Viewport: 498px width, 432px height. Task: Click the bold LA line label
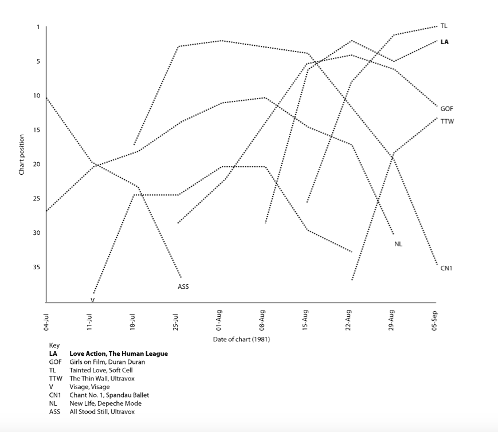pyautogui.click(x=444, y=42)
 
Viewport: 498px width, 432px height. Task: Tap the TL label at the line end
pyautogui.click(x=444, y=26)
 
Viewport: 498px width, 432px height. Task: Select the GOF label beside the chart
pyautogui.click(x=446, y=108)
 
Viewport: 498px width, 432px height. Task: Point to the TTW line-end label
pyautogui.click(x=447, y=121)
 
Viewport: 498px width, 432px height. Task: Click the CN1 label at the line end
pyautogui.click(x=446, y=268)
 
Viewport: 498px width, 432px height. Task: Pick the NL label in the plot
pyautogui.click(x=398, y=244)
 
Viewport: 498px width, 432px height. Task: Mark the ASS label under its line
pyautogui.click(x=183, y=286)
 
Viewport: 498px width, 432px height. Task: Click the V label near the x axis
pyautogui.click(x=92, y=300)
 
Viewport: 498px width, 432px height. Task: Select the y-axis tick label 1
pyautogui.click(x=39, y=27)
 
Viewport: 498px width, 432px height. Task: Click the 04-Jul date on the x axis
pyautogui.click(x=46, y=320)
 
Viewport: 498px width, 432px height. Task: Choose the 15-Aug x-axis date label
pyautogui.click(x=305, y=320)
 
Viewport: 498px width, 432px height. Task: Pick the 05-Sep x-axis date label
pyautogui.click(x=436, y=320)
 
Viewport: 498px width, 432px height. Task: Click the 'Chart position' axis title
pyautogui.click(x=22, y=154)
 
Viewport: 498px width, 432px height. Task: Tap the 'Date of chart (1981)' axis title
pyautogui.click(x=241, y=339)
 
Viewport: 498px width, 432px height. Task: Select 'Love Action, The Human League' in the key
pyautogui.click(x=118, y=354)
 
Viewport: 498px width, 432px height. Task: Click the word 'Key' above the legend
pyautogui.click(x=54, y=345)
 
